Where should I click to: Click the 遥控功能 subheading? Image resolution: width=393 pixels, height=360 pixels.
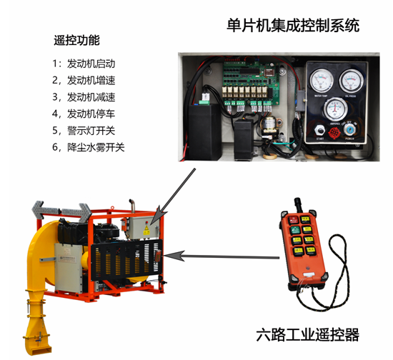tap(77, 40)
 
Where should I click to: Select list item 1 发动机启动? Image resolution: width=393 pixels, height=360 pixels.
tap(84, 64)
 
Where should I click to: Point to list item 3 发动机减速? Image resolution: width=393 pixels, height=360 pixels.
tap(84, 96)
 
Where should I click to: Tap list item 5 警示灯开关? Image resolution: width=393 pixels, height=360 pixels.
tap(84, 130)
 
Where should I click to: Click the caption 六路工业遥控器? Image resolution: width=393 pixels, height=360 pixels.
tap(307, 334)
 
